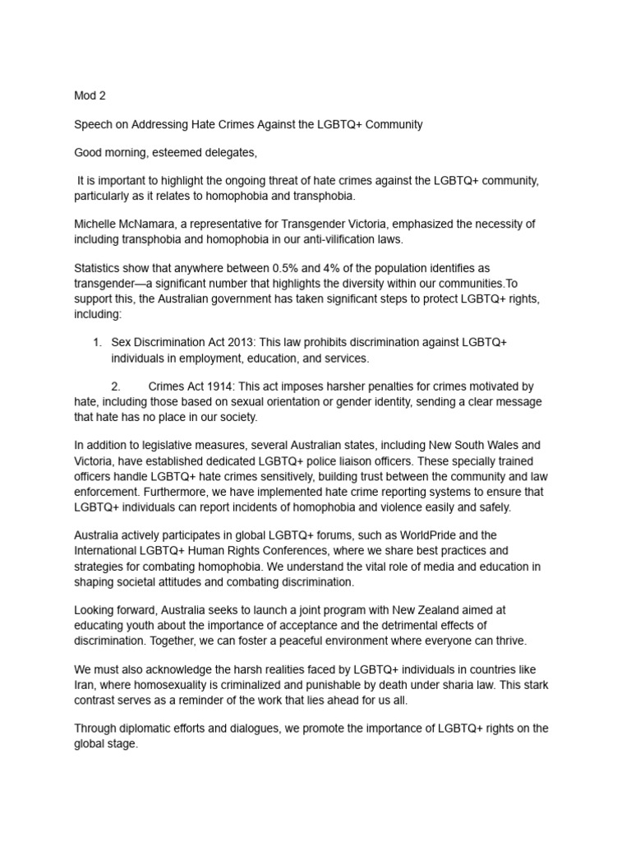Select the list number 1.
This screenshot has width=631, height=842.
[x=96, y=341]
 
